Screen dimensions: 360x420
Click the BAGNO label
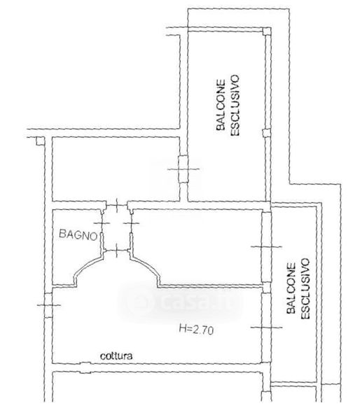78,234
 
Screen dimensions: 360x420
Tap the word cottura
116,356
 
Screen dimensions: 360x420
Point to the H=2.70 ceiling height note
196,329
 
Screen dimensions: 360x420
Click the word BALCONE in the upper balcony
221,105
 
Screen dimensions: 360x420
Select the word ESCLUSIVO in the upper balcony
235,106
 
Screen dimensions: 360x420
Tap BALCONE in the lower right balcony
291,288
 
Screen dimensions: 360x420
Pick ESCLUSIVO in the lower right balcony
305,288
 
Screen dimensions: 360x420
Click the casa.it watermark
179,301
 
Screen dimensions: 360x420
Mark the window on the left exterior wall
48,305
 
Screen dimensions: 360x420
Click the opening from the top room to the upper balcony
184,169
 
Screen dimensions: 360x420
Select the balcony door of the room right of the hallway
266,246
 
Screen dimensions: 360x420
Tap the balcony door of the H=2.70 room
266,328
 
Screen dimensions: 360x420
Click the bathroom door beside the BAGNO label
102,230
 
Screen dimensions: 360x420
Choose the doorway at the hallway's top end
117,205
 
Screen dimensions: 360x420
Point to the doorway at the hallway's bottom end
117,251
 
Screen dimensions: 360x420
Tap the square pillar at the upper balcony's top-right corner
266,31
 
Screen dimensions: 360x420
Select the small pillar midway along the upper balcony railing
266,133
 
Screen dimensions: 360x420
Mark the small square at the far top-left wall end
40,141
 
